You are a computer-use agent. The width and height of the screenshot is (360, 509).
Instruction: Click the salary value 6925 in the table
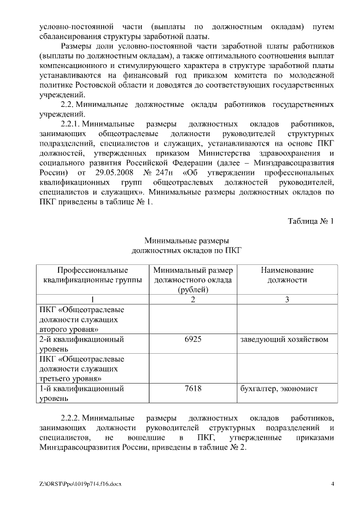tap(192, 339)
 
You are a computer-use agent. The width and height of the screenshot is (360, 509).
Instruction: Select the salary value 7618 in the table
tap(192, 388)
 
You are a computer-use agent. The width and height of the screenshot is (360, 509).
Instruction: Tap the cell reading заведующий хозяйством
tap(284, 339)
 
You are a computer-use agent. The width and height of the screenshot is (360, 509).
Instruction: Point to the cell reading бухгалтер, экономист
tap(279, 388)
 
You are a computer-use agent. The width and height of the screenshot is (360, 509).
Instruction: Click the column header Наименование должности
tap(287, 274)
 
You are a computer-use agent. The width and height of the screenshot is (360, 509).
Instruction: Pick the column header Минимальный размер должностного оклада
tap(192, 280)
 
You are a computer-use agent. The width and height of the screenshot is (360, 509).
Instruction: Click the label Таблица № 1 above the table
tap(311, 221)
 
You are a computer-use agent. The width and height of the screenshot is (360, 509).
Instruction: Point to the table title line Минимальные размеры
tap(187, 241)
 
